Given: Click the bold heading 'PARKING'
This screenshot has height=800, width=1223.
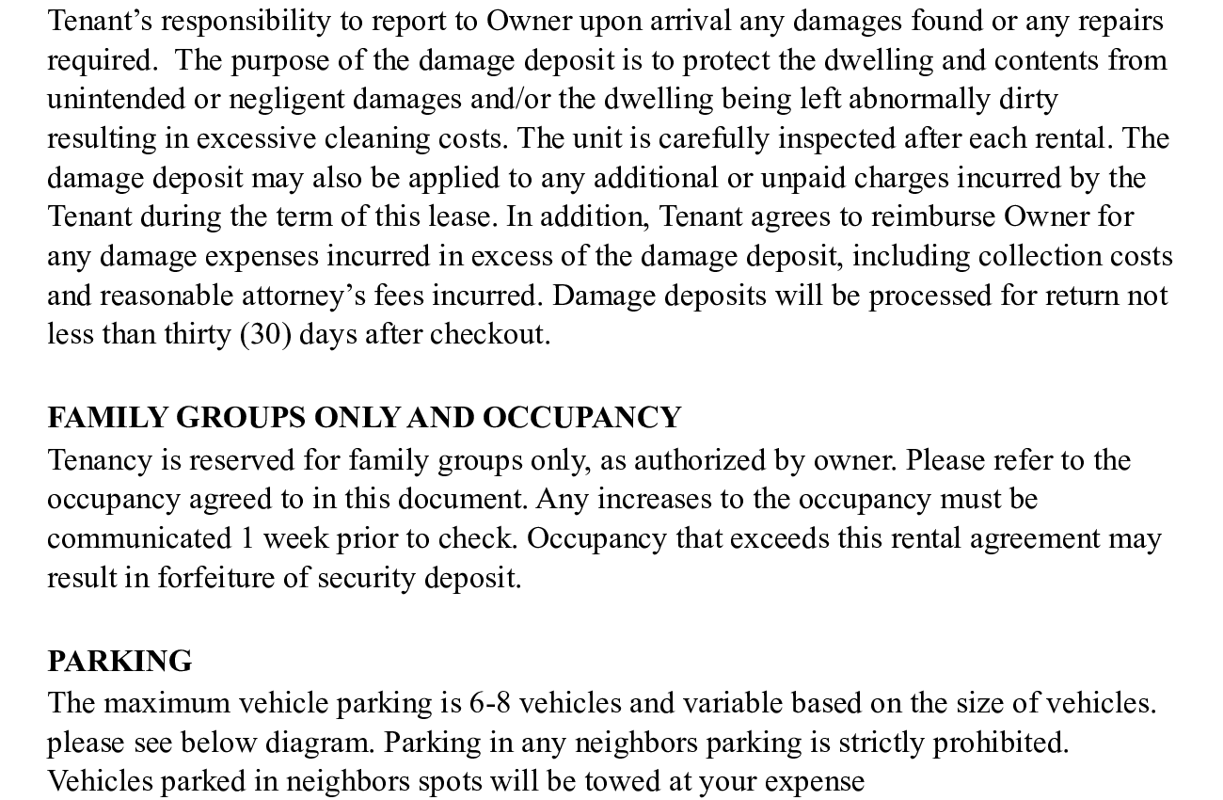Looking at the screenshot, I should click(119, 661).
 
